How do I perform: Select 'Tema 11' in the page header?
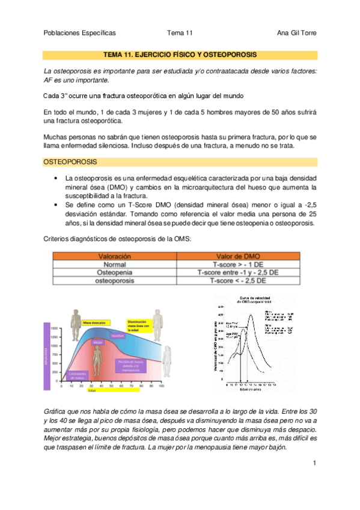click(x=180, y=33)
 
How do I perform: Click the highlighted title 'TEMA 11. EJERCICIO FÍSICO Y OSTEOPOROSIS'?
click(x=180, y=54)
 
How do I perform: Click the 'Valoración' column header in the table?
click(x=106, y=256)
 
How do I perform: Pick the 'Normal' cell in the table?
click(x=106, y=264)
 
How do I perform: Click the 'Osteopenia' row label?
click(x=106, y=272)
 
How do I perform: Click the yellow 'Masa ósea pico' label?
click(x=94, y=322)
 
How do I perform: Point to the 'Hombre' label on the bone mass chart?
click(x=117, y=336)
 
